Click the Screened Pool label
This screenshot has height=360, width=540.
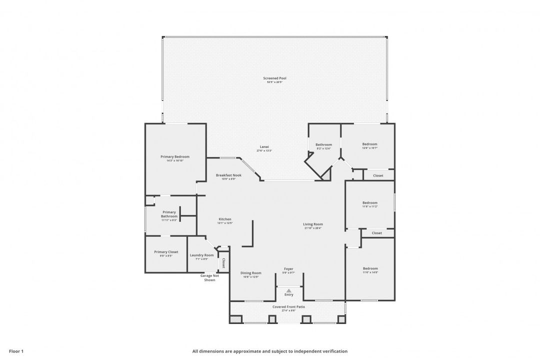tap(274, 78)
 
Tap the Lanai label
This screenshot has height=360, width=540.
tap(264, 146)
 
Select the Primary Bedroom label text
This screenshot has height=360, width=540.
tap(175, 156)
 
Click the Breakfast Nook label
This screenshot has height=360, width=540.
tap(228, 175)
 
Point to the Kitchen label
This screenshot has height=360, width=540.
tap(224, 219)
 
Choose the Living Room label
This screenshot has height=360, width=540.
tap(313, 224)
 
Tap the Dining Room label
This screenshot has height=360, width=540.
tap(250, 273)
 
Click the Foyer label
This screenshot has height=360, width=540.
tap(288, 268)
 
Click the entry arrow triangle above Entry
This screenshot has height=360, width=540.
tap(289, 290)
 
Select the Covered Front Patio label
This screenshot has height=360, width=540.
tap(288, 306)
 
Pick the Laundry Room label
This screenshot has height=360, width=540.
tap(201, 255)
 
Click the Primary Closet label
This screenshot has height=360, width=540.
tap(166, 252)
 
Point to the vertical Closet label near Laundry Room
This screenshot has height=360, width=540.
tap(223, 263)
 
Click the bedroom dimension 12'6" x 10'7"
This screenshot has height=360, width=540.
tap(369, 148)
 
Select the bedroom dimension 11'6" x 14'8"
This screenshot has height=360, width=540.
tap(370, 272)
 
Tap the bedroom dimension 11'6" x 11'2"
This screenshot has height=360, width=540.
tap(370, 206)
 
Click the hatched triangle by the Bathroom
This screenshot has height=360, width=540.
tap(326, 174)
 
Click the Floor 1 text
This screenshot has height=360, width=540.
tap(16, 351)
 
